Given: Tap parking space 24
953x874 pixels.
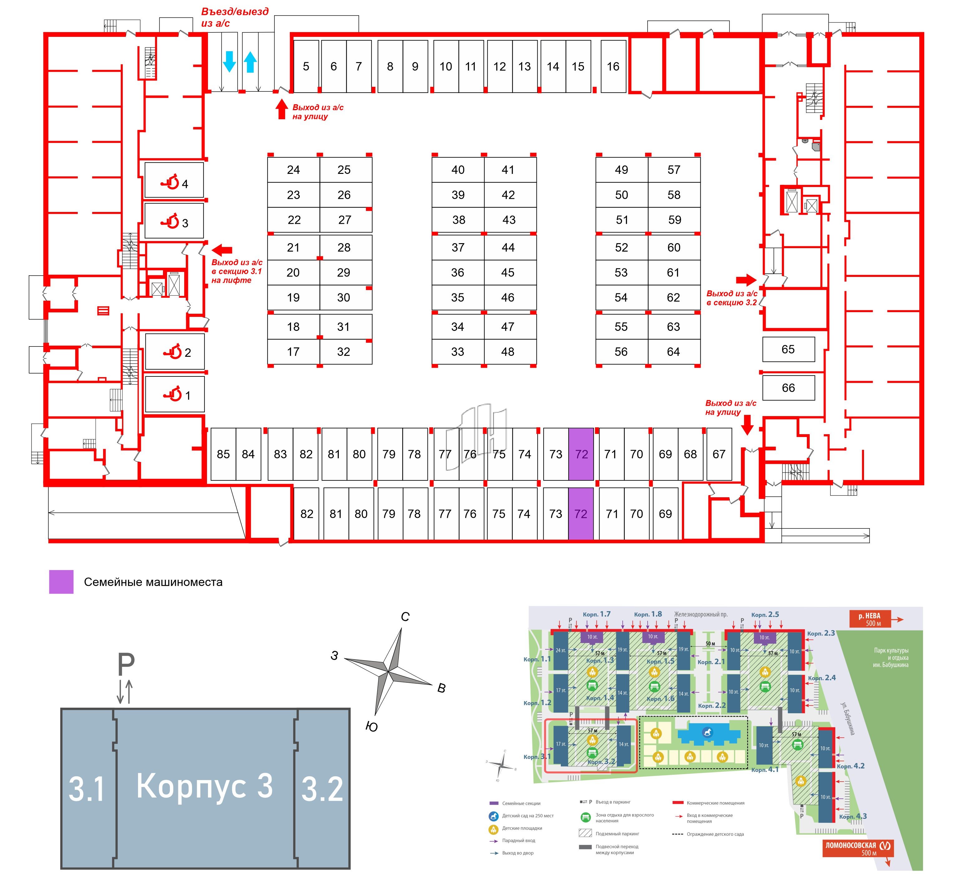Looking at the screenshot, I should [294, 170].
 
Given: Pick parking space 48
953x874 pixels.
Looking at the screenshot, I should [508, 352].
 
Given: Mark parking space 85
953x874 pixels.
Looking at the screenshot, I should [223, 454].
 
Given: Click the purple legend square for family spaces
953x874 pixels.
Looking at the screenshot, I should [61, 582].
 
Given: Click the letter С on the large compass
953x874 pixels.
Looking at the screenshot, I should [405, 617].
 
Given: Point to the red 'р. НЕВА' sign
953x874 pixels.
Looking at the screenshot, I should [870, 619].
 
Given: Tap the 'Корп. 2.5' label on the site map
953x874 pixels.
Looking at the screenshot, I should [765, 615].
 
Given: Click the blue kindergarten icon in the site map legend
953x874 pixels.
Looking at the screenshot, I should [494, 816].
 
